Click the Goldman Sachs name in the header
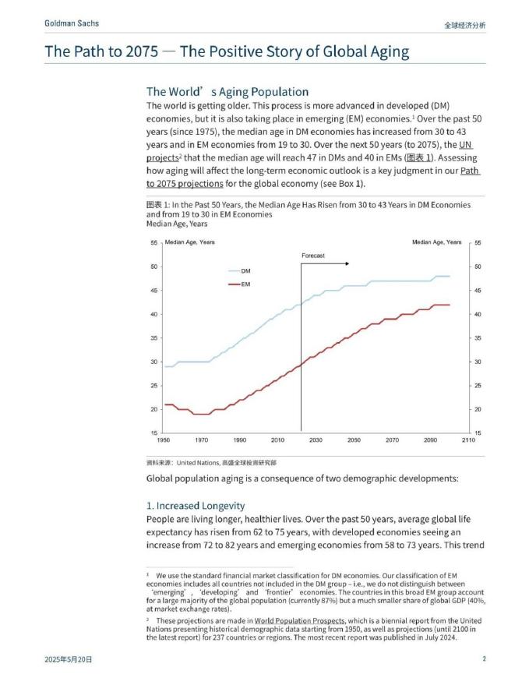pyautogui.click(x=72, y=23)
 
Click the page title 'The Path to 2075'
pyautogui.click(x=226, y=52)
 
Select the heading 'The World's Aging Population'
pyautogui.click(x=227, y=91)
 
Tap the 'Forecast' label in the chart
pyautogui.click(x=312, y=256)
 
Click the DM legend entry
pyautogui.click(x=245, y=270)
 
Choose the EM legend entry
pyautogui.click(x=245, y=284)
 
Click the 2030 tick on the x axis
pyautogui.click(x=316, y=440)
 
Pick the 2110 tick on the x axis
pyautogui.click(x=468, y=440)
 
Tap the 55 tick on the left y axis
pyautogui.click(x=154, y=242)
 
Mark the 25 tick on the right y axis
pyautogui.click(x=478, y=386)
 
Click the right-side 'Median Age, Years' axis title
pyautogui.click(x=436, y=242)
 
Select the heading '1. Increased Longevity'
pyautogui.click(x=196, y=506)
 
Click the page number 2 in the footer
pyautogui.click(x=484, y=659)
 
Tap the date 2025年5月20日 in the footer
pyautogui.click(x=69, y=659)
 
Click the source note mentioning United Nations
pyautogui.click(x=211, y=462)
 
